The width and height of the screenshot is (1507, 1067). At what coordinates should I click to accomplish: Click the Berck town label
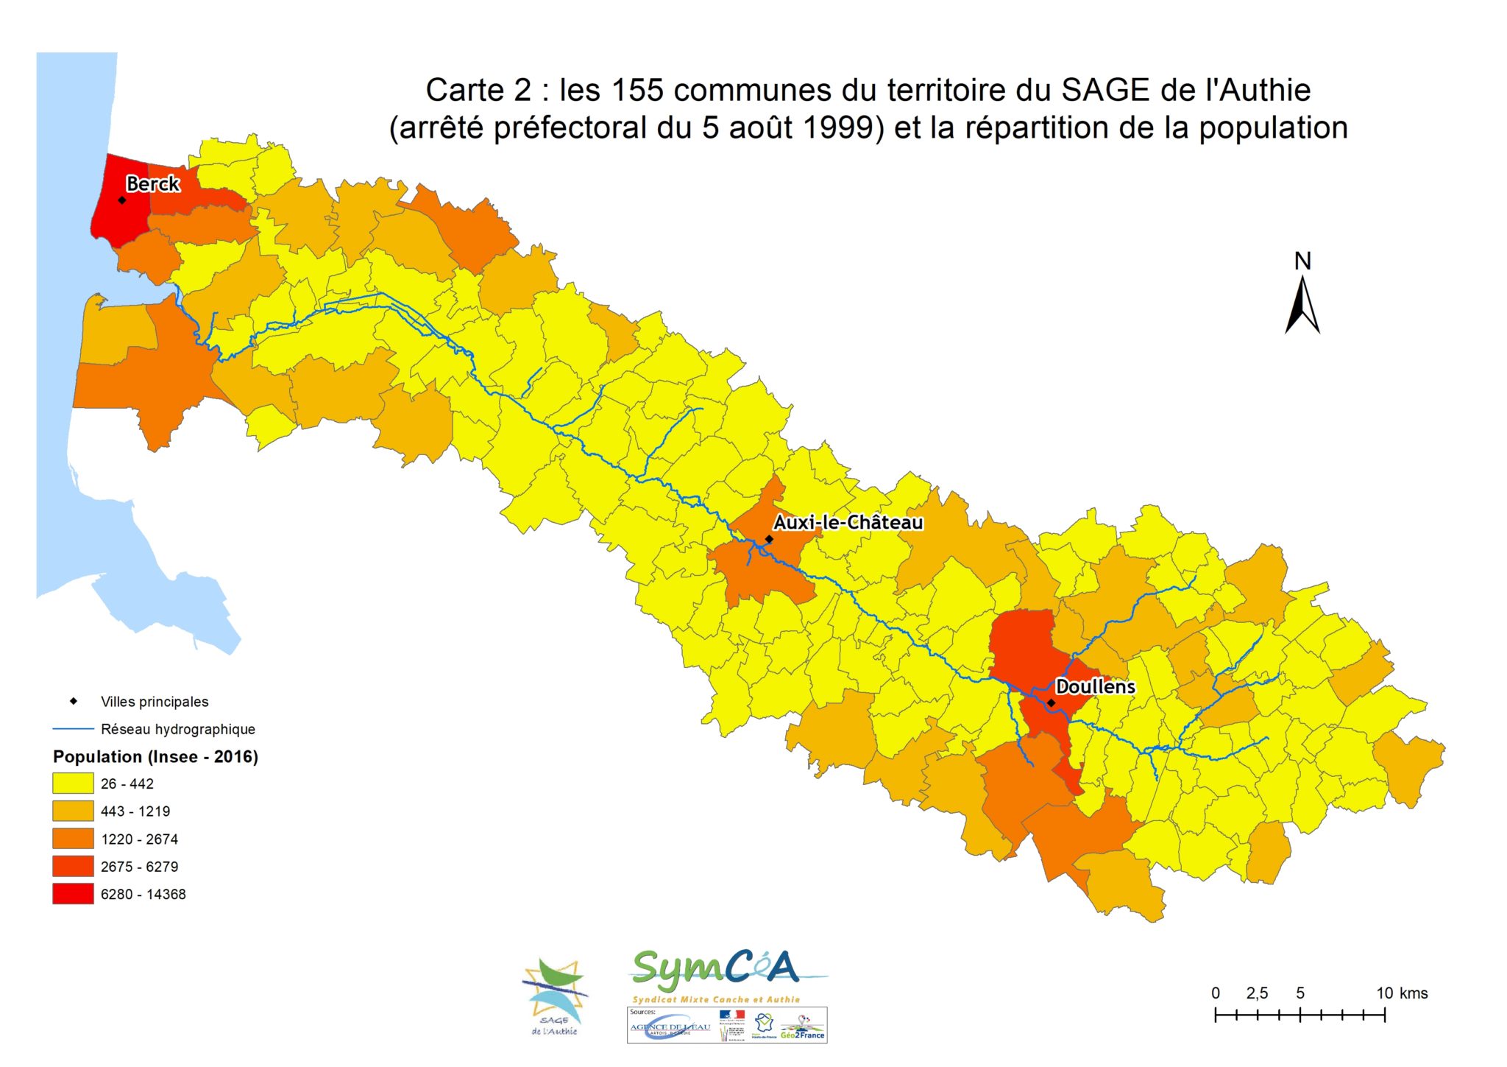pyautogui.click(x=152, y=183)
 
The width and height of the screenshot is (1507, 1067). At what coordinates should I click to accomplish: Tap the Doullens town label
pyautogui.click(x=1095, y=686)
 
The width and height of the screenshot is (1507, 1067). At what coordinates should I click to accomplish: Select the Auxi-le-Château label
pyautogui.click(x=848, y=522)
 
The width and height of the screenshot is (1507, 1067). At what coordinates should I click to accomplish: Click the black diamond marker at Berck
pyautogui.click(x=122, y=200)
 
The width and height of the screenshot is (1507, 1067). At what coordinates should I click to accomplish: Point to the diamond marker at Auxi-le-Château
pyautogui.click(x=769, y=539)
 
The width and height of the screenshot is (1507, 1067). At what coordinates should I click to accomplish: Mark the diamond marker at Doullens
pyautogui.click(x=1051, y=703)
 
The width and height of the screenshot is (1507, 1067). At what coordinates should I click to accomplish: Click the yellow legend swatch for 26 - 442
pyautogui.click(x=73, y=783)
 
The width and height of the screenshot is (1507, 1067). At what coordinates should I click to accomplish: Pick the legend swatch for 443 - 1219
pyautogui.click(x=73, y=811)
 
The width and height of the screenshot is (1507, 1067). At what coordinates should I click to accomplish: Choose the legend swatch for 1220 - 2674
pyautogui.click(x=73, y=839)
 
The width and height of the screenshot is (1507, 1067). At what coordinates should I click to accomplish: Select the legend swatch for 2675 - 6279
pyautogui.click(x=73, y=866)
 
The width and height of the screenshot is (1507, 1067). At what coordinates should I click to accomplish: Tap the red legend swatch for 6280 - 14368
pyautogui.click(x=73, y=894)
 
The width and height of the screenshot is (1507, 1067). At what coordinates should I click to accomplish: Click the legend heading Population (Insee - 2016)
pyautogui.click(x=155, y=756)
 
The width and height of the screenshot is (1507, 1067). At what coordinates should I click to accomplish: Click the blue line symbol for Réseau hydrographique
pyautogui.click(x=73, y=729)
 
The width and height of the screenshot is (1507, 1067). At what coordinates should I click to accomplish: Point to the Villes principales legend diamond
pyautogui.click(x=74, y=701)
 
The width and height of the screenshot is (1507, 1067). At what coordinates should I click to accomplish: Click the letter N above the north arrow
pyautogui.click(x=1302, y=261)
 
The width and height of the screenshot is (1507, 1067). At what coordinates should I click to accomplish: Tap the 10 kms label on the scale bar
pyautogui.click(x=1401, y=993)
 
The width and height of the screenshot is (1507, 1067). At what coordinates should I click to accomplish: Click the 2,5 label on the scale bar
pyautogui.click(x=1257, y=993)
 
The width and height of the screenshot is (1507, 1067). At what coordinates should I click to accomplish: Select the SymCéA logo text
pyautogui.click(x=715, y=970)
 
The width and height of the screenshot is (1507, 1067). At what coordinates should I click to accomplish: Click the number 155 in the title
pyautogui.click(x=637, y=90)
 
